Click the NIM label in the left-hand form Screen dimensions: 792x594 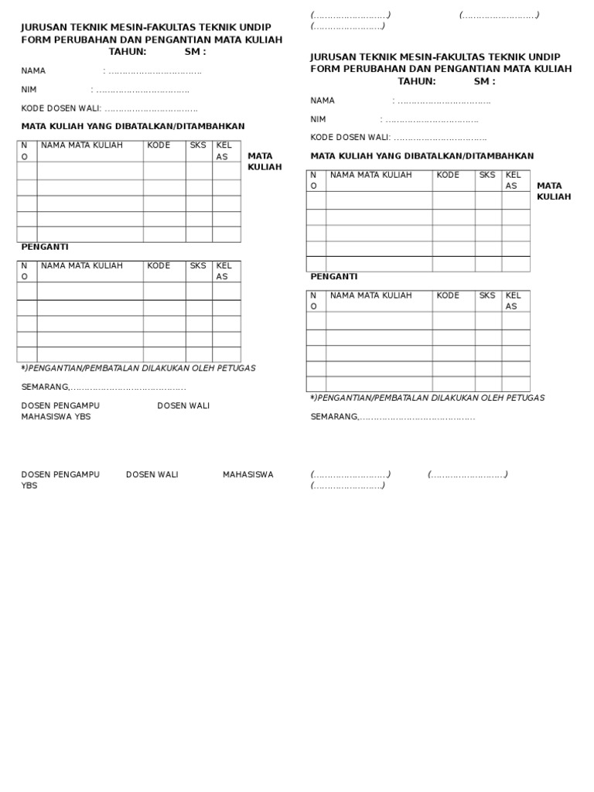pyautogui.click(x=29, y=90)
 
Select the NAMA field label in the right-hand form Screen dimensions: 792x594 pyautogui.click(x=323, y=101)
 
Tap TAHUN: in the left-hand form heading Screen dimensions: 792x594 pyautogui.click(x=128, y=52)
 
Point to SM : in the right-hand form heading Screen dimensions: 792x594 pyautogui.click(x=484, y=81)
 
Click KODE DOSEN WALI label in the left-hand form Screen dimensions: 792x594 pyautogui.click(x=61, y=108)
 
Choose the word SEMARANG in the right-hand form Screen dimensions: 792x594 pyautogui.click(x=334, y=417)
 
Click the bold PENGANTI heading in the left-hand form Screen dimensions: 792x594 pyautogui.click(x=45, y=247)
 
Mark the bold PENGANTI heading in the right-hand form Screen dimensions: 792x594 pyautogui.click(x=333, y=276)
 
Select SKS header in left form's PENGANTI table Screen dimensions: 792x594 pyautogui.click(x=198, y=266)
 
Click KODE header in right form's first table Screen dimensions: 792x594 pyautogui.click(x=448, y=175)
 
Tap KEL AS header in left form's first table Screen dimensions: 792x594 pyautogui.click(x=224, y=151)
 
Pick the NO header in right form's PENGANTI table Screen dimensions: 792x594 pyautogui.click(x=313, y=301)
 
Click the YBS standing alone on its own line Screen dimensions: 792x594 pyautogui.click(x=29, y=486)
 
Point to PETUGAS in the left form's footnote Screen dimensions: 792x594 pyautogui.click(x=236, y=368)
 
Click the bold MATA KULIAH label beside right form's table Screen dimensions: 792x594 pyautogui.click(x=554, y=191)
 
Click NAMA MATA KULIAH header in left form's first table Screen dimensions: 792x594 pyautogui.click(x=82, y=145)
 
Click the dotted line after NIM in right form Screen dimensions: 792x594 pyautogui.click(x=432, y=120)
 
